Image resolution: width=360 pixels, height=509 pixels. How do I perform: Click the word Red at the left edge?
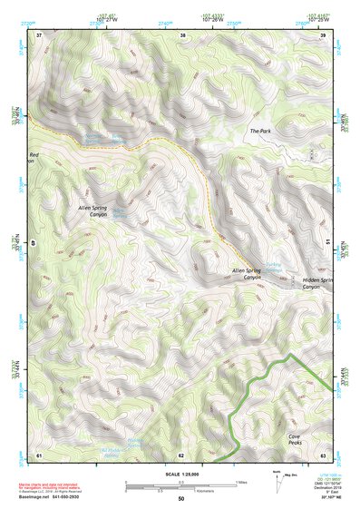pyautogui.click(x=34, y=156)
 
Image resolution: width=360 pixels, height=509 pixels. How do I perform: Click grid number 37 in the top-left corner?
pyautogui.click(x=39, y=35)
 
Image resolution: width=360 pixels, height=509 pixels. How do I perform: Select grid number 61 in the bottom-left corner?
pyautogui.click(x=39, y=454)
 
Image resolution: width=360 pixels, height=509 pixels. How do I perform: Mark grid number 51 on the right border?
pyautogui.click(x=326, y=241)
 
